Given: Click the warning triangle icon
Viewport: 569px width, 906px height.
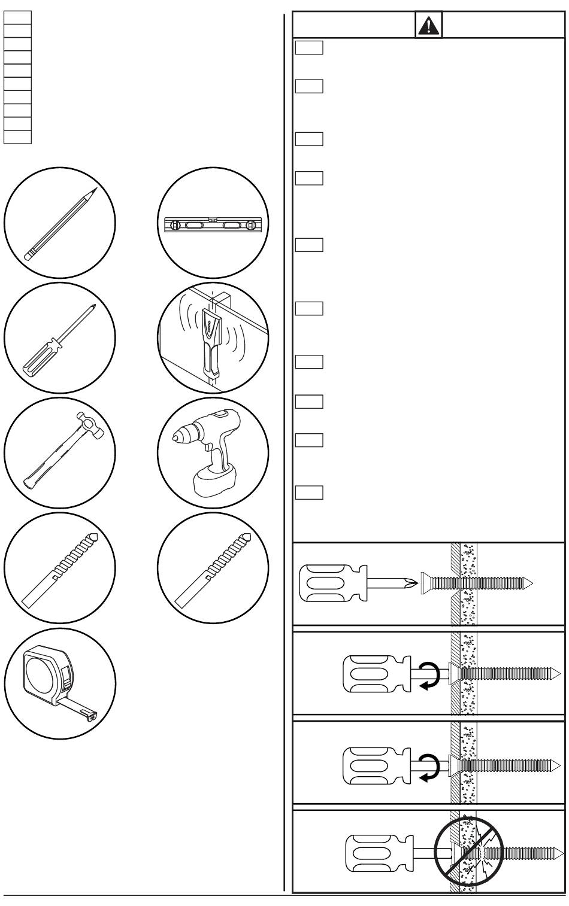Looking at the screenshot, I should pos(428,25).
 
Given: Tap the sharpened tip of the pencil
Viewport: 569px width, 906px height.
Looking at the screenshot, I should pos(94,191).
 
